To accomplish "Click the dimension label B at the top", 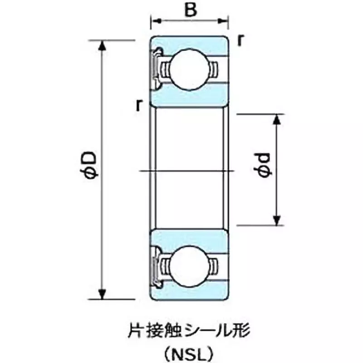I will (191, 10).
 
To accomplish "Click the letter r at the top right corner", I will (240, 40).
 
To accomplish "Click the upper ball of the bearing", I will (189, 70).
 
